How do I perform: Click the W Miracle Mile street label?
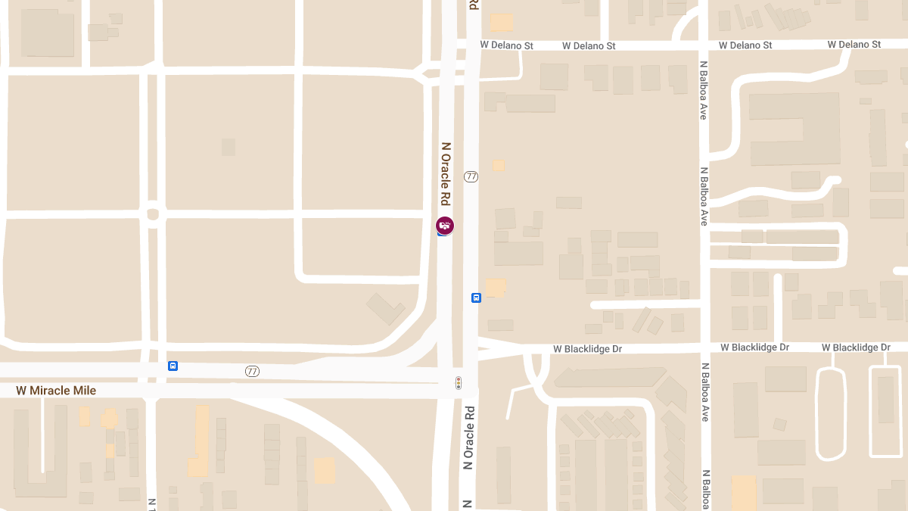56,391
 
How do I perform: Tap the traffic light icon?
458,383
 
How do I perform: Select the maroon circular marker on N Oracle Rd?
445,225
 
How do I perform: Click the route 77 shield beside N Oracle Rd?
471,176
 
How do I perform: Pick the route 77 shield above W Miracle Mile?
252,371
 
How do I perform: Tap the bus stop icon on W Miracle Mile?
173,366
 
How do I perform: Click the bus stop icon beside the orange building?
476,298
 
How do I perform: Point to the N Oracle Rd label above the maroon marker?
446,174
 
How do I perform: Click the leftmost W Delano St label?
506,45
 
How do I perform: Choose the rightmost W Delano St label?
854,45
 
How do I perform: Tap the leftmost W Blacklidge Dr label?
587,349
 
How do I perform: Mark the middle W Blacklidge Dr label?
754,347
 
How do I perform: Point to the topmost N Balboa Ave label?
703,90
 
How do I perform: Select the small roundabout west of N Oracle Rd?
153,214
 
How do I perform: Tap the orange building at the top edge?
501,22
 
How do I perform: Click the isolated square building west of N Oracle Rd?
228,147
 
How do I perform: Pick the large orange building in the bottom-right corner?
743,492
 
